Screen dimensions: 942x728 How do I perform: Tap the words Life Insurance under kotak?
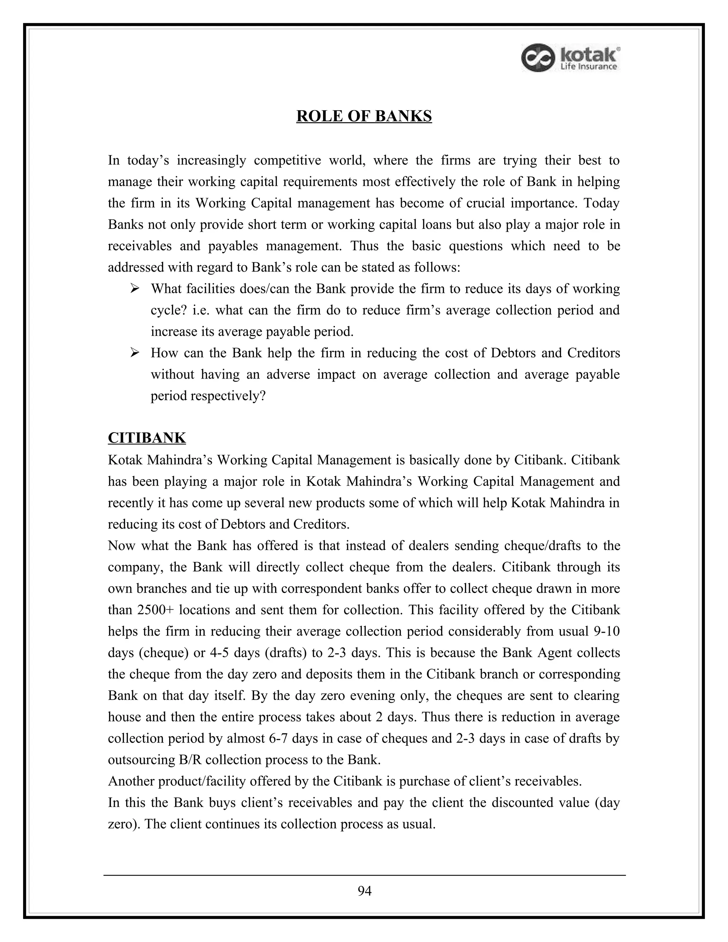coord(588,66)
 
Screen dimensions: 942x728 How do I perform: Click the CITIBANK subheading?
coord(147,438)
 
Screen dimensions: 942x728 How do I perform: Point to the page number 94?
coord(364,891)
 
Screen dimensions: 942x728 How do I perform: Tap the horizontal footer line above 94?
coord(364,875)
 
